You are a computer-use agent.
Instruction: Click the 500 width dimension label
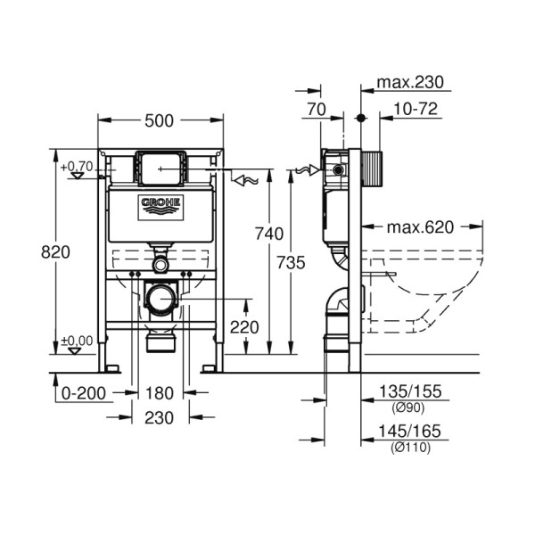pyautogui.click(x=160, y=120)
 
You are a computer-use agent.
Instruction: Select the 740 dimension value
pyautogui.click(x=269, y=235)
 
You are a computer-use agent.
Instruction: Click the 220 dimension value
pyautogui.click(x=244, y=327)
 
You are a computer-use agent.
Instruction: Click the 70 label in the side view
pyautogui.click(x=315, y=110)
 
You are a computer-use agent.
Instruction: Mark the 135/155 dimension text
pyautogui.click(x=412, y=391)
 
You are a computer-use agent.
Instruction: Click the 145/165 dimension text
pyautogui.click(x=412, y=432)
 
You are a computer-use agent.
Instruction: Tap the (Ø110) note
pyautogui.click(x=411, y=447)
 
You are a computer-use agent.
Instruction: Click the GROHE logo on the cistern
pyautogui.click(x=160, y=207)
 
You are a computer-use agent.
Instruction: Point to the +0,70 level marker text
pyautogui.click(x=77, y=166)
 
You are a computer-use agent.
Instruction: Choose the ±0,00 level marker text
pyautogui.click(x=77, y=340)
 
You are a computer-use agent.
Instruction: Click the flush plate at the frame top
pyautogui.click(x=160, y=166)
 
